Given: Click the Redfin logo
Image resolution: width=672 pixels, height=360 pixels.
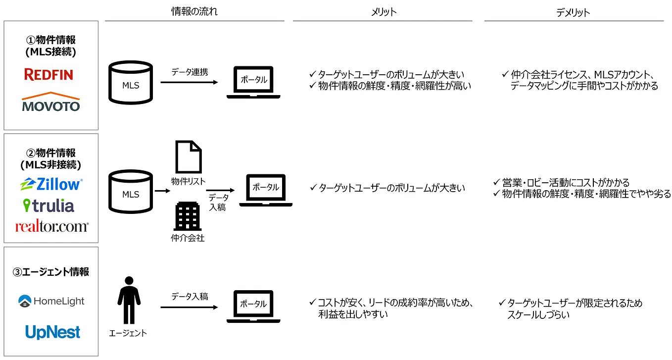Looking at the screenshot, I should pyautogui.click(x=48, y=75).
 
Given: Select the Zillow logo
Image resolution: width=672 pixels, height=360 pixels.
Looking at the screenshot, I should pyautogui.click(x=51, y=184).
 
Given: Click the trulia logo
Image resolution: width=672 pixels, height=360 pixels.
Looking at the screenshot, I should pyautogui.click(x=48, y=205).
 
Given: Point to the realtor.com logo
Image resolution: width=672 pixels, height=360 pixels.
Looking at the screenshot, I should pyautogui.click(x=51, y=227).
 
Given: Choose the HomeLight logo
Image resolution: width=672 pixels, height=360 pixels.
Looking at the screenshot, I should pyautogui.click(x=51, y=301).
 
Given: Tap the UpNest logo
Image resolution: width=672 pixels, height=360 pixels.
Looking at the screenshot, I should pyautogui.click(x=52, y=332).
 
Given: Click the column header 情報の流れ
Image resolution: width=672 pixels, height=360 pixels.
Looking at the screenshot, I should pyautogui.click(x=194, y=12).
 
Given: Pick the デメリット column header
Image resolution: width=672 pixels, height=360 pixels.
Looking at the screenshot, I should pyautogui.click(x=573, y=12).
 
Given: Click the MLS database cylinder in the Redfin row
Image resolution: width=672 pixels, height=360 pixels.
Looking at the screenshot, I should pyautogui.click(x=131, y=85).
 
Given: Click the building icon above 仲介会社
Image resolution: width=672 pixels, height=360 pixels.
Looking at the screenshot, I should pyautogui.click(x=187, y=216).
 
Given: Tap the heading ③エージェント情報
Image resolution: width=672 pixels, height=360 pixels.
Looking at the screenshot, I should pyautogui.click(x=51, y=271).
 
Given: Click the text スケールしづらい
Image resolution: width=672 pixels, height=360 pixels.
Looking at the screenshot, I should pyautogui.click(x=538, y=314).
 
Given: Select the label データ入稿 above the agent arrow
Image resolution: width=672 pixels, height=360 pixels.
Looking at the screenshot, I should pyautogui.click(x=190, y=297).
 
